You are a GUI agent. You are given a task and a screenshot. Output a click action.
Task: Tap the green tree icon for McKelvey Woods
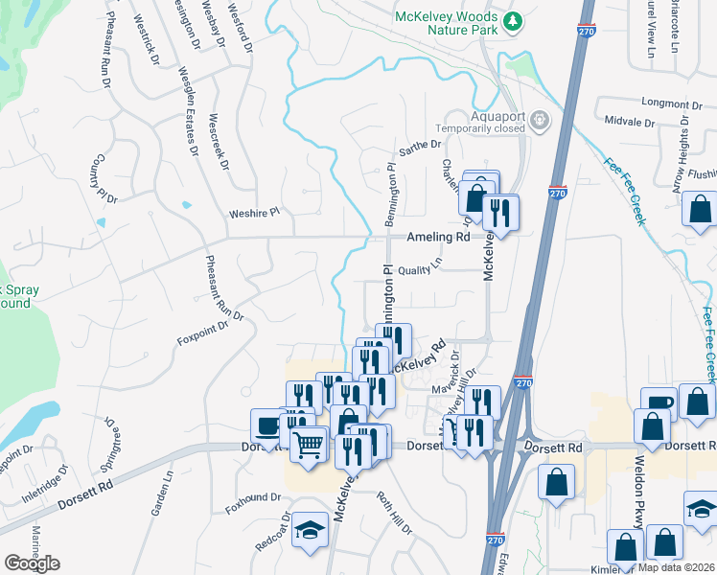pyautogui.click(x=514, y=20)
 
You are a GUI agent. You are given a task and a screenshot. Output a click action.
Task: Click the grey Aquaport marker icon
pyautogui.click(x=541, y=120)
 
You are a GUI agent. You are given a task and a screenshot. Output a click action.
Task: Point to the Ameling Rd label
pyautogui.click(x=437, y=237)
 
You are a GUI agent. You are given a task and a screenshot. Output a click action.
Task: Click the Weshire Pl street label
pyautogui.click(x=253, y=213)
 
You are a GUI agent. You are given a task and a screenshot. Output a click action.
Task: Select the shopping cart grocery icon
pyautogui.click(x=309, y=444)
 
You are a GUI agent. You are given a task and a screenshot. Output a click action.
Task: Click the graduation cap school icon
pyautogui.click(x=310, y=529)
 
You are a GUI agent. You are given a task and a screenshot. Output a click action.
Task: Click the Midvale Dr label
pyautogui.click(x=629, y=123)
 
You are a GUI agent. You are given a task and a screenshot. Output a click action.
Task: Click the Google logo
pyautogui.click(x=32, y=563)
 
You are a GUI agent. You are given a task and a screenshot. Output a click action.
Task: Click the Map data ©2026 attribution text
pyautogui.click(x=675, y=567)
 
